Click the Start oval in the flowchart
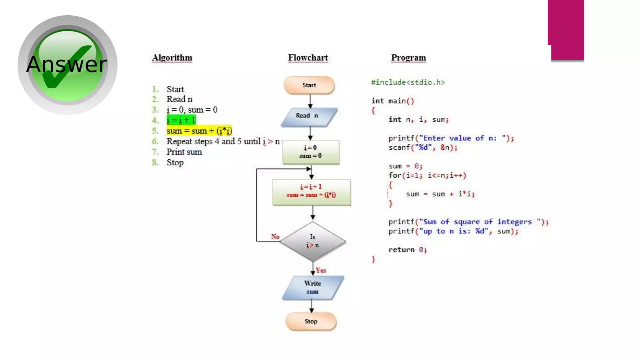coord(309,85)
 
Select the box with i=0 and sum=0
coord(311,152)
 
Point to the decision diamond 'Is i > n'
coord(312,241)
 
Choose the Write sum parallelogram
coord(312,287)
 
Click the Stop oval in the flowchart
coord(311,321)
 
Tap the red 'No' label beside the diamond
coord(275,237)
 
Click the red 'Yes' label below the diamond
coord(321,270)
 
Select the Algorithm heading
coord(172,58)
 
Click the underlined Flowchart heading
coord(308,58)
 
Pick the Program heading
coord(408,58)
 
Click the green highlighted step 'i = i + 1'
coord(181,120)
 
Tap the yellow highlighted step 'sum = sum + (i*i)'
coord(199,131)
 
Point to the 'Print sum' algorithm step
coord(184,152)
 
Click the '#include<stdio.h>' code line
coord(407,82)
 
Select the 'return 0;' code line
coord(407,250)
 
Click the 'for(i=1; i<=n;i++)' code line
coord(427,175)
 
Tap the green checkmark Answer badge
coord(67,65)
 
